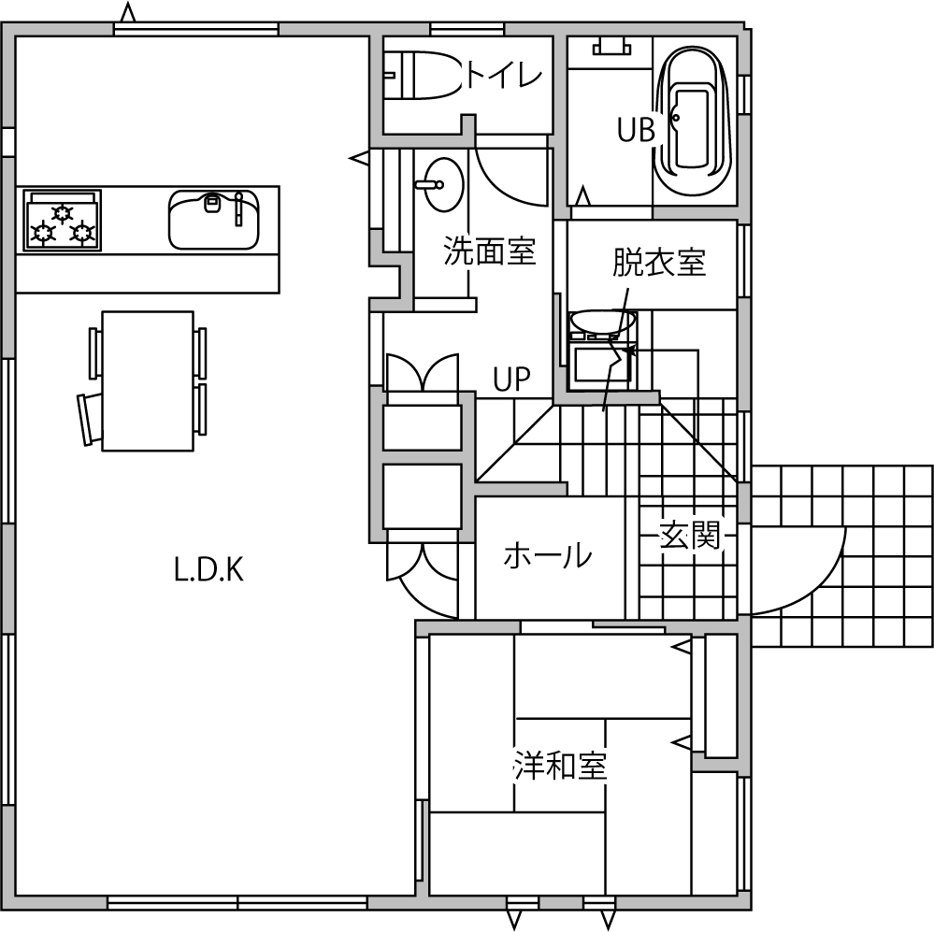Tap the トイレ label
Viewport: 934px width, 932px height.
503,76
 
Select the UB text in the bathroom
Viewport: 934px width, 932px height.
636,129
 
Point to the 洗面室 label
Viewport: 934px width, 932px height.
490,251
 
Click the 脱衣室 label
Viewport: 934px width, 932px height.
659,262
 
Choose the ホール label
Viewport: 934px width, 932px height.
548,555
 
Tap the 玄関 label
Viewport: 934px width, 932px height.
690,535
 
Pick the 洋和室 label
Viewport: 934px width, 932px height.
560,766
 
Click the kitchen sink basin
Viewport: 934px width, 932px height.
214,220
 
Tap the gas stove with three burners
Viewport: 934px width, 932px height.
62,220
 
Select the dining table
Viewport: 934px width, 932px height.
148,380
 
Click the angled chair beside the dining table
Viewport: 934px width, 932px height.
90,419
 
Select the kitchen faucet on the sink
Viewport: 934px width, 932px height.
238,209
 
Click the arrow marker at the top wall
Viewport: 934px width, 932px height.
126,12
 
